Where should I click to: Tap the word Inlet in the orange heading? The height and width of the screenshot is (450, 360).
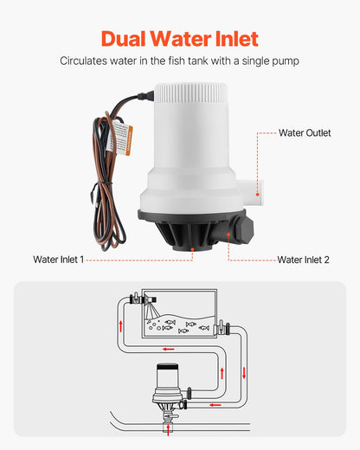[x=231, y=38]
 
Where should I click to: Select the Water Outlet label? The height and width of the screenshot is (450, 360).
[x=304, y=133]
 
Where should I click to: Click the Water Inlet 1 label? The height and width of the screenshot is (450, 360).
[x=58, y=259]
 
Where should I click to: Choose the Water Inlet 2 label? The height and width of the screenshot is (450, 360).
[x=303, y=259]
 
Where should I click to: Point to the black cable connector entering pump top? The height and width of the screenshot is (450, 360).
[x=141, y=102]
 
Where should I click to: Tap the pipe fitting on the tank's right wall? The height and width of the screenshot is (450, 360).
[x=222, y=327]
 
